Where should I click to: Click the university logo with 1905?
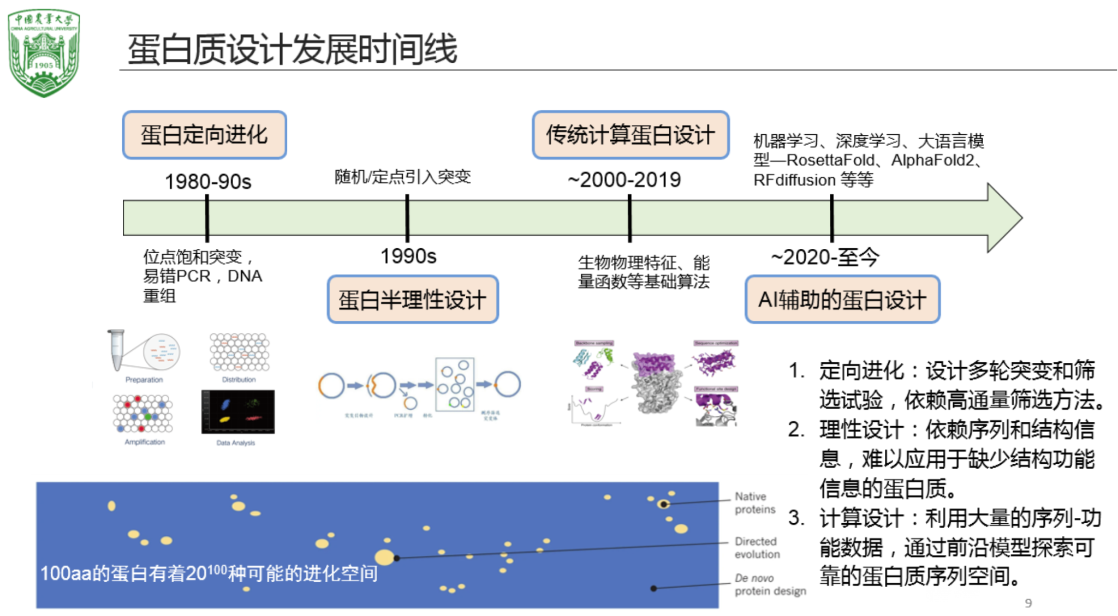click(x=44, y=52)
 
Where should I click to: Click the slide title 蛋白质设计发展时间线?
click(x=292, y=49)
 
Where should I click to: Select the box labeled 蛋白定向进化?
click(x=204, y=135)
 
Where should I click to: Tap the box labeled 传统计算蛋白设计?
click(x=631, y=135)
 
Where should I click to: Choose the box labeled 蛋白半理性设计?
click(x=412, y=300)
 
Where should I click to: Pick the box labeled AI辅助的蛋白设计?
click(x=842, y=300)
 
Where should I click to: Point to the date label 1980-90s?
click(x=208, y=182)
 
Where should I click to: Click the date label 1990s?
click(x=408, y=256)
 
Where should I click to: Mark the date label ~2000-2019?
click(x=625, y=180)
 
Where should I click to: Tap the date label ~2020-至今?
click(x=825, y=257)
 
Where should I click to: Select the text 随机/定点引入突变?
click(x=402, y=177)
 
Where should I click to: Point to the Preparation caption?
click(x=144, y=380)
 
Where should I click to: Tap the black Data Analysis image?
click(x=238, y=412)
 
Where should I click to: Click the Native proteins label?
click(x=754, y=503)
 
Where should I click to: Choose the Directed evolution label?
click(x=757, y=548)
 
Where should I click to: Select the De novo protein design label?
click(x=770, y=584)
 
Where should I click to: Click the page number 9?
click(x=1028, y=603)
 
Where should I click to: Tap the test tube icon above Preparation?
click(x=116, y=349)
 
